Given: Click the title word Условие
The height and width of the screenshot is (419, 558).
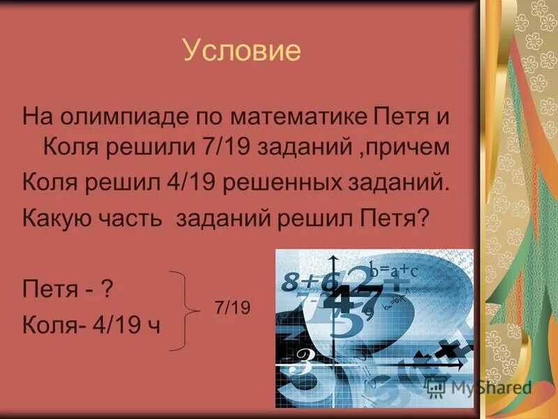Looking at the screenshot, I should [x=241, y=51].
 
